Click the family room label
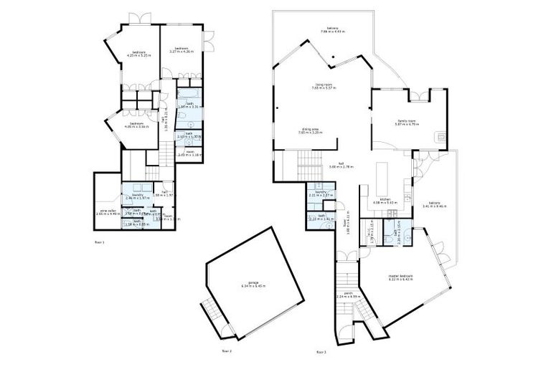[x=408, y=123]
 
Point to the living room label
[x=324, y=86]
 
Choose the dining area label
[x=310, y=131]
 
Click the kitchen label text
[x=385, y=201]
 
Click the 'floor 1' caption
[x=99, y=243]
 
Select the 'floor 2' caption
[x=227, y=351]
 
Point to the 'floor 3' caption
[x=321, y=352]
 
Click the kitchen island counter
[x=380, y=174]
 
